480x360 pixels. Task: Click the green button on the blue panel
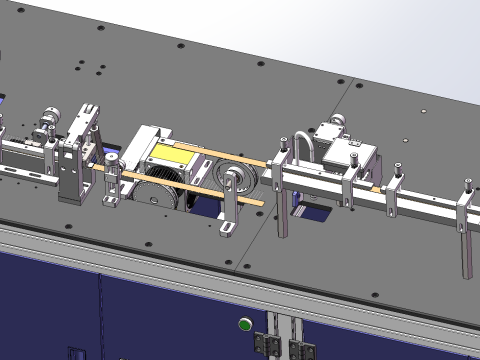pos(243,323)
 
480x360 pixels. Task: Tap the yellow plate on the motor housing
pos(173,154)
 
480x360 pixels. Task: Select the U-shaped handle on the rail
pos(303,151)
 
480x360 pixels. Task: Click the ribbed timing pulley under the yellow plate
pos(162,190)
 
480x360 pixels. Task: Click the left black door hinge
pos(266,341)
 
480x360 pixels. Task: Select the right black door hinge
pos(297,347)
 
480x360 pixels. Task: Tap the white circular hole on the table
pos(423,110)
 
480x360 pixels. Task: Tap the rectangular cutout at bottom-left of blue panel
pos(76,353)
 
